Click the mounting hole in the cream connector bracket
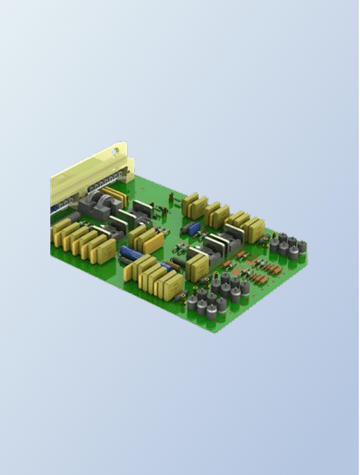[x=114, y=151]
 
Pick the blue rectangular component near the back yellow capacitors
[x=194, y=229]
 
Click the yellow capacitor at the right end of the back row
[x=257, y=230]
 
